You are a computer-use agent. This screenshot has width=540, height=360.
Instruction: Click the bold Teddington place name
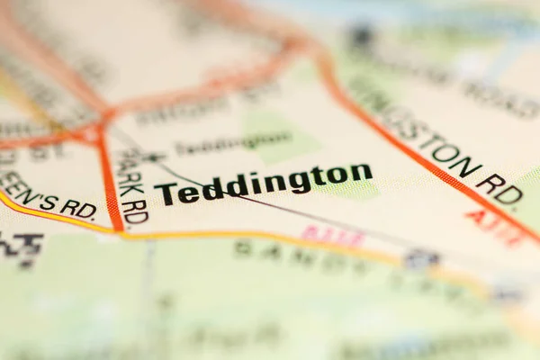pyautogui.click(x=263, y=184)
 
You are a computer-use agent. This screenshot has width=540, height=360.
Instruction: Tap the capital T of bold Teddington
pyautogui.click(x=166, y=193)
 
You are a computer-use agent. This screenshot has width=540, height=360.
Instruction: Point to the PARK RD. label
pyautogui.click(x=133, y=185)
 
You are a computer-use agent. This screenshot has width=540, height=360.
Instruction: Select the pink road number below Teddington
pyautogui.click(x=333, y=237)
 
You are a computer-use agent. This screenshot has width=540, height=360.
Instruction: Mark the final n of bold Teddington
pyautogui.click(x=361, y=172)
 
